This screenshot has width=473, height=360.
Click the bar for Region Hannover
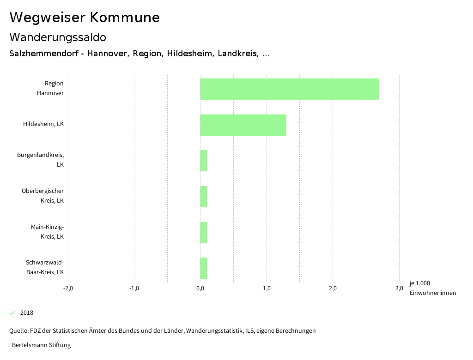pos(290,89)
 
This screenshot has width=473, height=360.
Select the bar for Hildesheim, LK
pos(243,125)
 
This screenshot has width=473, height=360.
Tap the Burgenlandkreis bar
pos(204,161)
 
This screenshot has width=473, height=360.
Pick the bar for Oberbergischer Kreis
pos(204,197)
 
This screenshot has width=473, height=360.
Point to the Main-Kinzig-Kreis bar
pos(204,233)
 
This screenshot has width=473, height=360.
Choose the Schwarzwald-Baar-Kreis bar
pos(204,268)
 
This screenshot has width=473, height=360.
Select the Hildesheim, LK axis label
pos(43,124)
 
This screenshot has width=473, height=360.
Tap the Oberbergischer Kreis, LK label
pos(43,196)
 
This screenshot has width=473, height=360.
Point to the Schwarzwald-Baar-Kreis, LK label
pos(45,267)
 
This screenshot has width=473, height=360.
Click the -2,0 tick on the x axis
pos(68,288)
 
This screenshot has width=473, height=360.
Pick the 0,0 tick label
pos(200,288)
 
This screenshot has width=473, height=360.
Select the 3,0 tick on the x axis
pos(399,288)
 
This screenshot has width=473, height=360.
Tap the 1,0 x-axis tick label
pos(267,288)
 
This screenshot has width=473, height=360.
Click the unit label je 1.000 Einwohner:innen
pos(432,288)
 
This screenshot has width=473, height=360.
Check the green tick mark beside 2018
pos(12,313)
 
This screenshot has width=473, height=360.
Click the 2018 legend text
pos(27,313)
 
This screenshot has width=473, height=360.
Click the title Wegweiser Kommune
pos(85,18)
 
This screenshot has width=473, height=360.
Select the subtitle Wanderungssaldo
pos(58,37)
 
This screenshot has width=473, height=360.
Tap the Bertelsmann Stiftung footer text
pos(41,345)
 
